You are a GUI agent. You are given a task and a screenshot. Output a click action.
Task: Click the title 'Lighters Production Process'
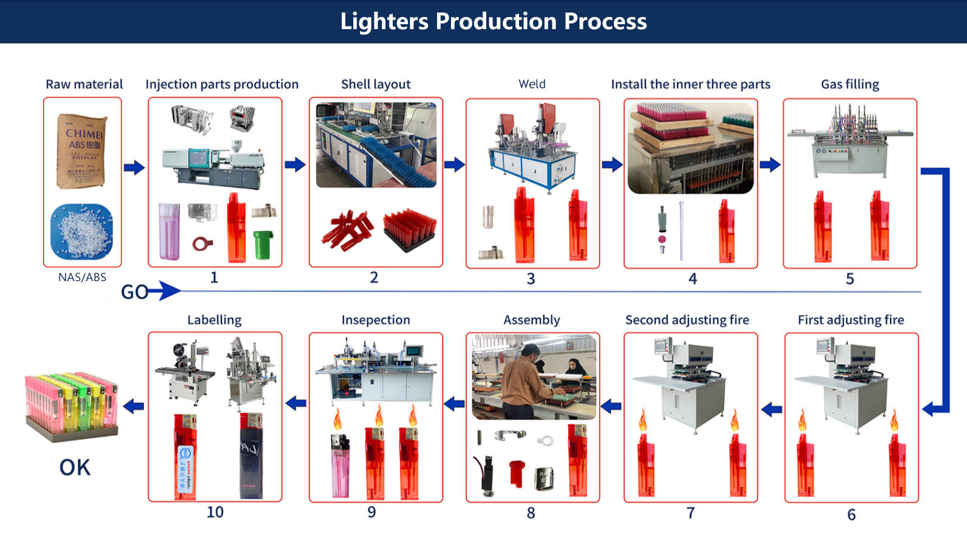493,21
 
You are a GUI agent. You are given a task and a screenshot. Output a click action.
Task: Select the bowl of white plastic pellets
82,231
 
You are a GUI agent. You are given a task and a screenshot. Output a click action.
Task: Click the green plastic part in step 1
263,244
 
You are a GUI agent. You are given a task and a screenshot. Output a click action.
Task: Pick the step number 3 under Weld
531,279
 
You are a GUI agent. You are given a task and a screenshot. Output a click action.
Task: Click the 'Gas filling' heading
850,84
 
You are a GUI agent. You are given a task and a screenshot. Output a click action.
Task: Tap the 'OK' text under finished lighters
75,468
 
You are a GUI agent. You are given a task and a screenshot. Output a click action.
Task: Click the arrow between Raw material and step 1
134,168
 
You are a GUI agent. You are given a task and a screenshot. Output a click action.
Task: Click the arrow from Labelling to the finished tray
134,406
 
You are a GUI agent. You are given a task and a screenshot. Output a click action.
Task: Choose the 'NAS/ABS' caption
82,277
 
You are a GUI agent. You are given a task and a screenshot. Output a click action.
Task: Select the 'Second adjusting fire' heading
687,320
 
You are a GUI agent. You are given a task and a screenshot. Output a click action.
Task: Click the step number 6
851,515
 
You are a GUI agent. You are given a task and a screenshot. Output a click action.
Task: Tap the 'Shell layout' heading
376,84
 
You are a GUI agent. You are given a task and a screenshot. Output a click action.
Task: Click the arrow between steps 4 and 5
770,165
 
